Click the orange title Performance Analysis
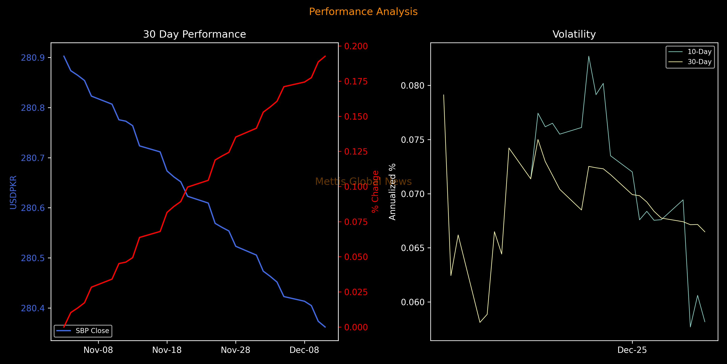pyautogui.click(x=363, y=12)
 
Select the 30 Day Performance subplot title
pyautogui.click(x=194, y=34)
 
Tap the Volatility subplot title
pyautogui.click(x=574, y=34)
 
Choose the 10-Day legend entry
pyautogui.click(x=699, y=52)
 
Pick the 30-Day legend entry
pyautogui.click(x=699, y=62)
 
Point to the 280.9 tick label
pyautogui.click(x=33, y=58)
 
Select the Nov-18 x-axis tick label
pyautogui.click(x=167, y=350)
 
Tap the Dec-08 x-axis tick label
pyautogui.click(x=304, y=350)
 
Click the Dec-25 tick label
pyautogui.click(x=632, y=350)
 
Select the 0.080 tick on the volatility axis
pyautogui.click(x=413, y=86)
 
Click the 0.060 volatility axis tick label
pyautogui.click(x=413, y=302)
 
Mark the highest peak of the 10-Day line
pyautogui.click(x=589, y=56)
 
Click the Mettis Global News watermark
pyautogui.click(x=363, y=181)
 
